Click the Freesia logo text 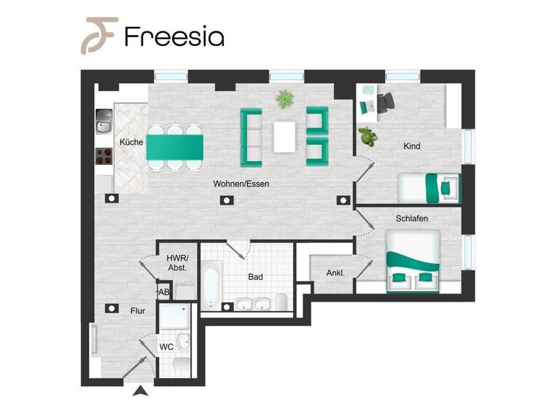174,36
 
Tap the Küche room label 131,142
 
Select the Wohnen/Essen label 241,184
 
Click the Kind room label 412,146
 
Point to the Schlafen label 411,218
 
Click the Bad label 255,277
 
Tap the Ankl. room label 335,274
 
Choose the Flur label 138,311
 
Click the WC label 166,347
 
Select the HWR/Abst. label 177,263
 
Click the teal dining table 175,147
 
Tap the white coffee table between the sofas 285,136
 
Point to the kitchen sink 104,122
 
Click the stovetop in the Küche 103,156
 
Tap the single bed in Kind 429,189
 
